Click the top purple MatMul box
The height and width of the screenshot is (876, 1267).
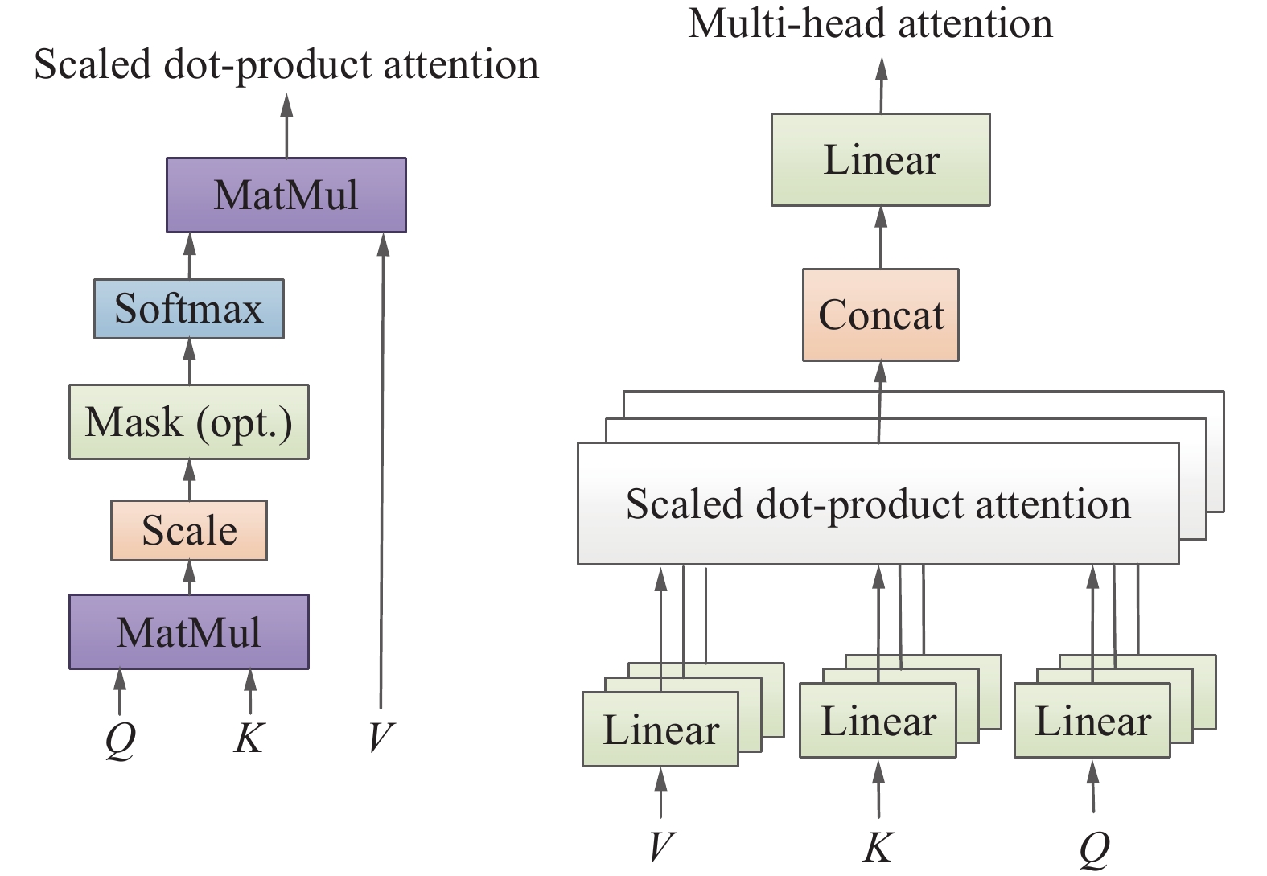(x=286, y=195)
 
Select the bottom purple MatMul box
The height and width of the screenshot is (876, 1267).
(x=188, y=632)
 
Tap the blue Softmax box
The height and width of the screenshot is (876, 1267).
(x=188, y=309)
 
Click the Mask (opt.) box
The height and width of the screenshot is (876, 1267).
(x=188, y=422)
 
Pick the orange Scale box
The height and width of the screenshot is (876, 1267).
(x=188, y=531)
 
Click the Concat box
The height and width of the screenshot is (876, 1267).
(x=880, y=315)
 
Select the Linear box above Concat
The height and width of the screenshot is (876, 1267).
(x=880, y=159)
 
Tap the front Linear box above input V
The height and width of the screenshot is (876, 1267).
(x=660, y=730)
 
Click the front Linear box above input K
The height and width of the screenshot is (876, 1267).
(x=878, y=721)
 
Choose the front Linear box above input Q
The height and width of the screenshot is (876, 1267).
(x=1092, y=721)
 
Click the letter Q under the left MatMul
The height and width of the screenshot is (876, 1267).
(x=120, y=738)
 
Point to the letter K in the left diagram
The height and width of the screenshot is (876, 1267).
(x=249, y=737)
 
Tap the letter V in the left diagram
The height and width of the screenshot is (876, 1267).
(x=381, y=737)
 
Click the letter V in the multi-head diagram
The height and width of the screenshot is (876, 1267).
(x=660, y=846)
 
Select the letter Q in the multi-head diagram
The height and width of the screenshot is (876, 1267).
(x=1094, y=848)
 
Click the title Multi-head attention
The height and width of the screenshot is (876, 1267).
(x=870, y=23)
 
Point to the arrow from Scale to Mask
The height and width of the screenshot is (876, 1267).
(x=189, y=480)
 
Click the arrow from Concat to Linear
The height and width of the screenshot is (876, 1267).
(x=880, y=237)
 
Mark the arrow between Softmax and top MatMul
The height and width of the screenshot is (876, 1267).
(x=190, y=256)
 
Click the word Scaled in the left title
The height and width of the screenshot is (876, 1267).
(x=92, y=64)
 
